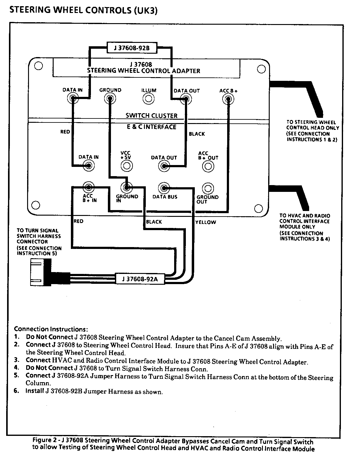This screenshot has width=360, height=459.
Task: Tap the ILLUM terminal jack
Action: pyautogui.click(x=149, y=99)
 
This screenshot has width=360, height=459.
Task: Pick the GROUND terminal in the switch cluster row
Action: pyautogui.click(x=110, y=99)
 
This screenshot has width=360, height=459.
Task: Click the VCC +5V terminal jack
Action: pyautogui.click(x=126, y=166)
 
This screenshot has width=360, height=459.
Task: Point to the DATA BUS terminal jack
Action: pyautogui.click(x=164, y=188)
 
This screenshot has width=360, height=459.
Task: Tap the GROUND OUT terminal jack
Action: pyautogui.click(x=208, y=188)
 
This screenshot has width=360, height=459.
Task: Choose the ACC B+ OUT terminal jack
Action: pyautogui.click(x=208, y=166)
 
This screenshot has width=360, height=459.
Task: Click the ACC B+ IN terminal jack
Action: pyautogui.click(x=89, y=187)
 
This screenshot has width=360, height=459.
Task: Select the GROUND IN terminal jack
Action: pyautogui.click(x=126, y=188)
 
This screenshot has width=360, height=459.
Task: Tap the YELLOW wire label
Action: pyautogui.click(x=206, y=222)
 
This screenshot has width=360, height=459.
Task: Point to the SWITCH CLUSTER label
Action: pyautogui.click(x=151, y=116)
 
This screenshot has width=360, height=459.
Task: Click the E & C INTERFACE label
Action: pyautogui.click(x=152, y=127)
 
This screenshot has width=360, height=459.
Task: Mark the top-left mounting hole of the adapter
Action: pyautogui.click(x=38, y=66)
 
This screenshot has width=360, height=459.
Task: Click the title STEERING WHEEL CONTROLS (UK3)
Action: pyautogui.click(x=84, y=10)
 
